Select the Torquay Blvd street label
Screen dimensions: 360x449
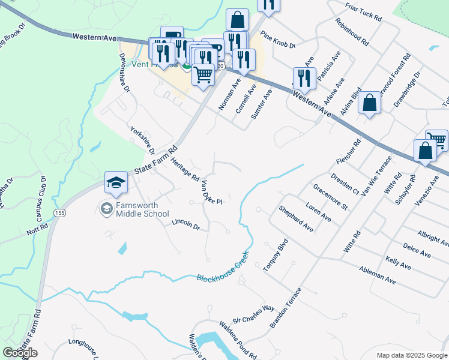pyautogui.click(x=276, y=254)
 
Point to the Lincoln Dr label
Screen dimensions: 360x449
pyautogui.click(x=185, y=224)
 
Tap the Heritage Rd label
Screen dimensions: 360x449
pyautogui.click(x=184, y=170)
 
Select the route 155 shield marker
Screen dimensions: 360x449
pyautogui.click(x=59, y=212)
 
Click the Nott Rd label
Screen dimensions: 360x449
pyautogui.click(x=37, y=230)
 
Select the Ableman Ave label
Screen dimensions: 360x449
pyautogui.click(x=377, y=275)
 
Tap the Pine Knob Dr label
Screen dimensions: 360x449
pyautogui.click(x=279, y=41)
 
